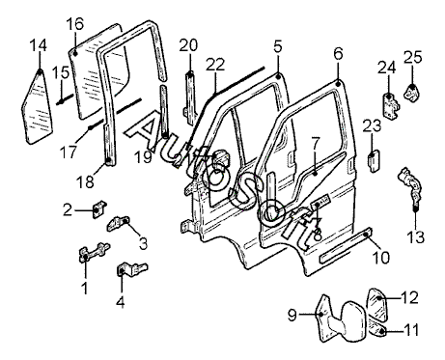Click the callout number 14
(39, 45)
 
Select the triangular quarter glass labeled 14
(37, 108)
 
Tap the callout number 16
(75, 24)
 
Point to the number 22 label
(215, 65)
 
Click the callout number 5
(278, 46)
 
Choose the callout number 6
(339, 53)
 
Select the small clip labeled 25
(412, 93)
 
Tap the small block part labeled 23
(374, 160)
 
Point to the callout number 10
(381, 258)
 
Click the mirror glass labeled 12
(377, 304)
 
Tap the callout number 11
(411, 330)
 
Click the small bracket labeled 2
(98, 208)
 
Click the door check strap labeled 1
(94, 252)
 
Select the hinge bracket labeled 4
(131, 269)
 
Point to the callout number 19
(143, 157)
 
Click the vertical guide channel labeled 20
(190, 99)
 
